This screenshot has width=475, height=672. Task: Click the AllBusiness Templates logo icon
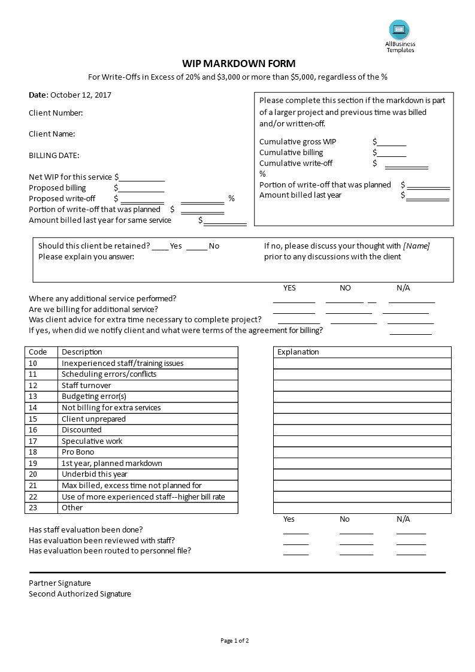pyautogui.click(x=400, y=29)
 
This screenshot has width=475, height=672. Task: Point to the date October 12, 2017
pyautogui.click(x=81, y=95)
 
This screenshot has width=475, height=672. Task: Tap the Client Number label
pyautogui.click(x=56, y=113)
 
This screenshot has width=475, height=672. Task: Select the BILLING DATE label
pyautogui.click(x=54, y=155)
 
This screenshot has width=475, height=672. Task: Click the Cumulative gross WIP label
pyautogui.click(x=298, y=142)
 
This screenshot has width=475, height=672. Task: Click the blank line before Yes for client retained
pyautogui.click(x=160, y=246)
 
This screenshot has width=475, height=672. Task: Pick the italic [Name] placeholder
pyautogui.click(x=416, y=246)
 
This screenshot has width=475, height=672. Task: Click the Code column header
pyautogui.click(x=38, y=352)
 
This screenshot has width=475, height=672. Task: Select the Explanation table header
pyautogui.click(x=298, y=352)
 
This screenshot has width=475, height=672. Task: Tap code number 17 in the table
pyautogui.click(x=33, y=441)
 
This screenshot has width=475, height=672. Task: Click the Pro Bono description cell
pyautogui.click(x=77, y=452)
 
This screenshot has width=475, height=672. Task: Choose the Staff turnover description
pyautogui.click(x=86, y=385)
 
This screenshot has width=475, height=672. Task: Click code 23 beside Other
pyautogui.click(x=33, y=508)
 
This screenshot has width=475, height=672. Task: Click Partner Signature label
pyautogui.click(x=60, y=583)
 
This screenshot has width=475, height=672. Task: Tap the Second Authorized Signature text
pyautogui.click(x=80, y=594)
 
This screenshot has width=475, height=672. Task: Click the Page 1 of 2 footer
pyautogui.click(x=234, y=641)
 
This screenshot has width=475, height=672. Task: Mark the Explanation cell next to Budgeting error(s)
pyautogui.click(x=362, y=396)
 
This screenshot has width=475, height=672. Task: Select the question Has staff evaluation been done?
pyautogui.click(x=86, y=529)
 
